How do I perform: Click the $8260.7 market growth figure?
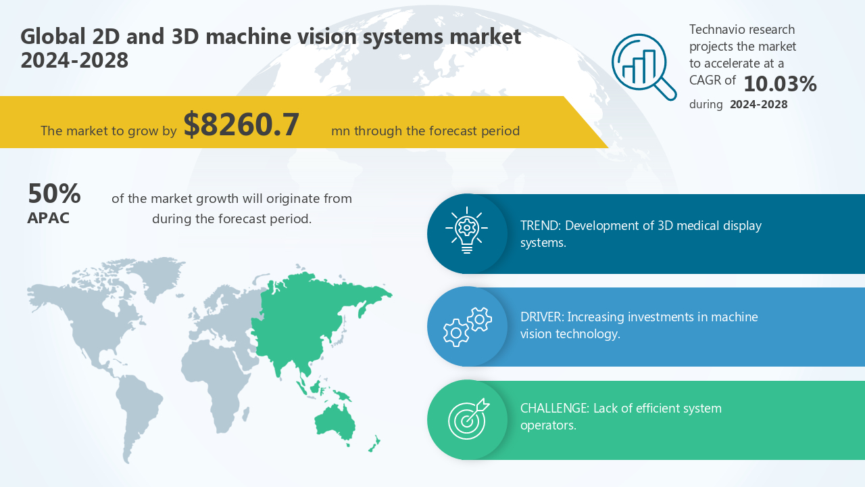241,125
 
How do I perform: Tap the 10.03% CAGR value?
780,84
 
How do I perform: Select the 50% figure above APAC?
54,194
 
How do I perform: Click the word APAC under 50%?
48,218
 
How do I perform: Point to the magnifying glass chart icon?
643,66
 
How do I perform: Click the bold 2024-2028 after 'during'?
758,105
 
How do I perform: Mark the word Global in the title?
51,37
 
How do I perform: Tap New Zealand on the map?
374,444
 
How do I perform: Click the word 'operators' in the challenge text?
547,426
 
